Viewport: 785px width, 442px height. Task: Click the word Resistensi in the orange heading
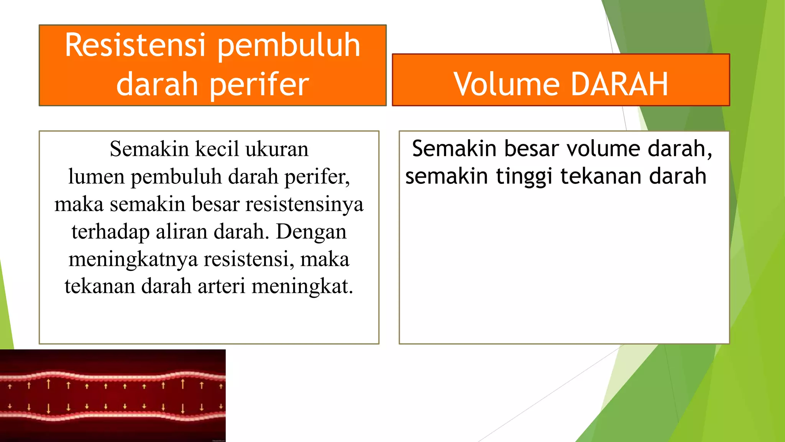[135, 45]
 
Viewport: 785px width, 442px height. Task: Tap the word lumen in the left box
[96, 177]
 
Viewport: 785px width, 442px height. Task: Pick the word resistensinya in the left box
[304, 204]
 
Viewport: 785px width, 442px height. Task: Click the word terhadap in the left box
[110, 232]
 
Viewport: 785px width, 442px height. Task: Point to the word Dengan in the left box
[311, 232]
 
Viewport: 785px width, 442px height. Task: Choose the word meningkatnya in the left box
[133, 259]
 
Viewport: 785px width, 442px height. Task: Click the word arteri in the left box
[221, 287]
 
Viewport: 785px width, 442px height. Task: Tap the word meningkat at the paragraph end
[302, 287]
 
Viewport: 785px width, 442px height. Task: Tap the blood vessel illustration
[113, 396]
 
